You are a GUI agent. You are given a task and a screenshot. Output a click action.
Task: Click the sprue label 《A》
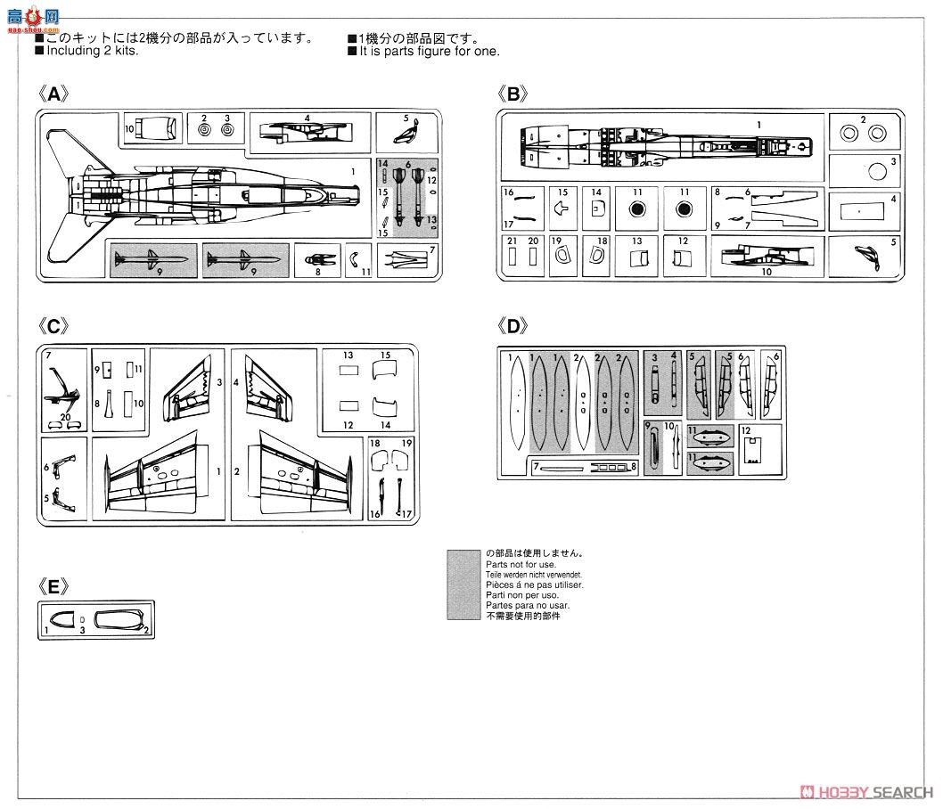click(53, 94)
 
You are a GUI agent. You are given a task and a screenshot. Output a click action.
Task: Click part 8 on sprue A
click(319, 258)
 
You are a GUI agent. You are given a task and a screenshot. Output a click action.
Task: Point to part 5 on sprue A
click(407, 134)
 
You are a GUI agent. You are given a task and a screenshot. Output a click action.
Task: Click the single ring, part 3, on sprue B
click(876, 171)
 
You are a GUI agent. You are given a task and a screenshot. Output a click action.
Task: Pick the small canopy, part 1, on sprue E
click(65, 620)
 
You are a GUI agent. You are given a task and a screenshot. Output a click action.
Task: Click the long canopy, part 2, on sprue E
click(119, 619)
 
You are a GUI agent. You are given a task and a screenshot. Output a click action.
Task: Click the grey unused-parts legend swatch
click(463, 584)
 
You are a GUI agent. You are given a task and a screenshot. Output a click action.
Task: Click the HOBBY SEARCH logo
click(869, 792)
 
